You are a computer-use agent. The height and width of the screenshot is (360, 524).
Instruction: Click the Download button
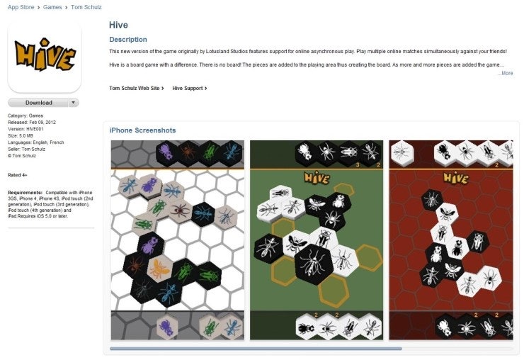(38, 103)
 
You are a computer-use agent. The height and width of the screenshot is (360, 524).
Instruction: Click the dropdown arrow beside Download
(74, 103)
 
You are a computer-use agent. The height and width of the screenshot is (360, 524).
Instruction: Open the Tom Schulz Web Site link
(137, 89)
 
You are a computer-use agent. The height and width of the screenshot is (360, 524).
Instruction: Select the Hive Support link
(190, 89)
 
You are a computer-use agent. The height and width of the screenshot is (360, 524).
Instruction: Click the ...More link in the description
(506, 73)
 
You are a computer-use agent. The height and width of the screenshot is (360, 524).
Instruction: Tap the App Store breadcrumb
(21, 7)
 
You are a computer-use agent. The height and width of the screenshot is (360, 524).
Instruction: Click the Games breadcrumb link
(52, 7)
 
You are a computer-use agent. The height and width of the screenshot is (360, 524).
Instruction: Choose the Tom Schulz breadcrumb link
(86, 7)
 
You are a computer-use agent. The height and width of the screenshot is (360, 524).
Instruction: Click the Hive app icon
(45, 56)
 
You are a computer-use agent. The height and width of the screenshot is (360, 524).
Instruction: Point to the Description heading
(128, 40)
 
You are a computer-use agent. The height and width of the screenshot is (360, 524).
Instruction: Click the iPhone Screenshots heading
(143, 130)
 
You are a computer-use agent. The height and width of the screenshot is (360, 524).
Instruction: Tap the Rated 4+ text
(18, 175)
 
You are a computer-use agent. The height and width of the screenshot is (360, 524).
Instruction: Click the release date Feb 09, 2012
(42, 123)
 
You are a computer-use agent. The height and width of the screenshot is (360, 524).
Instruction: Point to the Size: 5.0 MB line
(21, 136)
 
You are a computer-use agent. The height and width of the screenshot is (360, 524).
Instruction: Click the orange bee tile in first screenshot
(159, 268)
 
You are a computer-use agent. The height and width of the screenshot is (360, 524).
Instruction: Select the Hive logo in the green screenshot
(317, 178)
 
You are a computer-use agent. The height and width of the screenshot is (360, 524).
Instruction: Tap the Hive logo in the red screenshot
(456, 178)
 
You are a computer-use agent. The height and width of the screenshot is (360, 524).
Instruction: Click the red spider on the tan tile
(181, 210)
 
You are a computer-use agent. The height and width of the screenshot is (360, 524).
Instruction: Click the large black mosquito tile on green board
(314, 264)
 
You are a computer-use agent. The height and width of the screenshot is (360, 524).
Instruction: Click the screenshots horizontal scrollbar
(256, 349)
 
